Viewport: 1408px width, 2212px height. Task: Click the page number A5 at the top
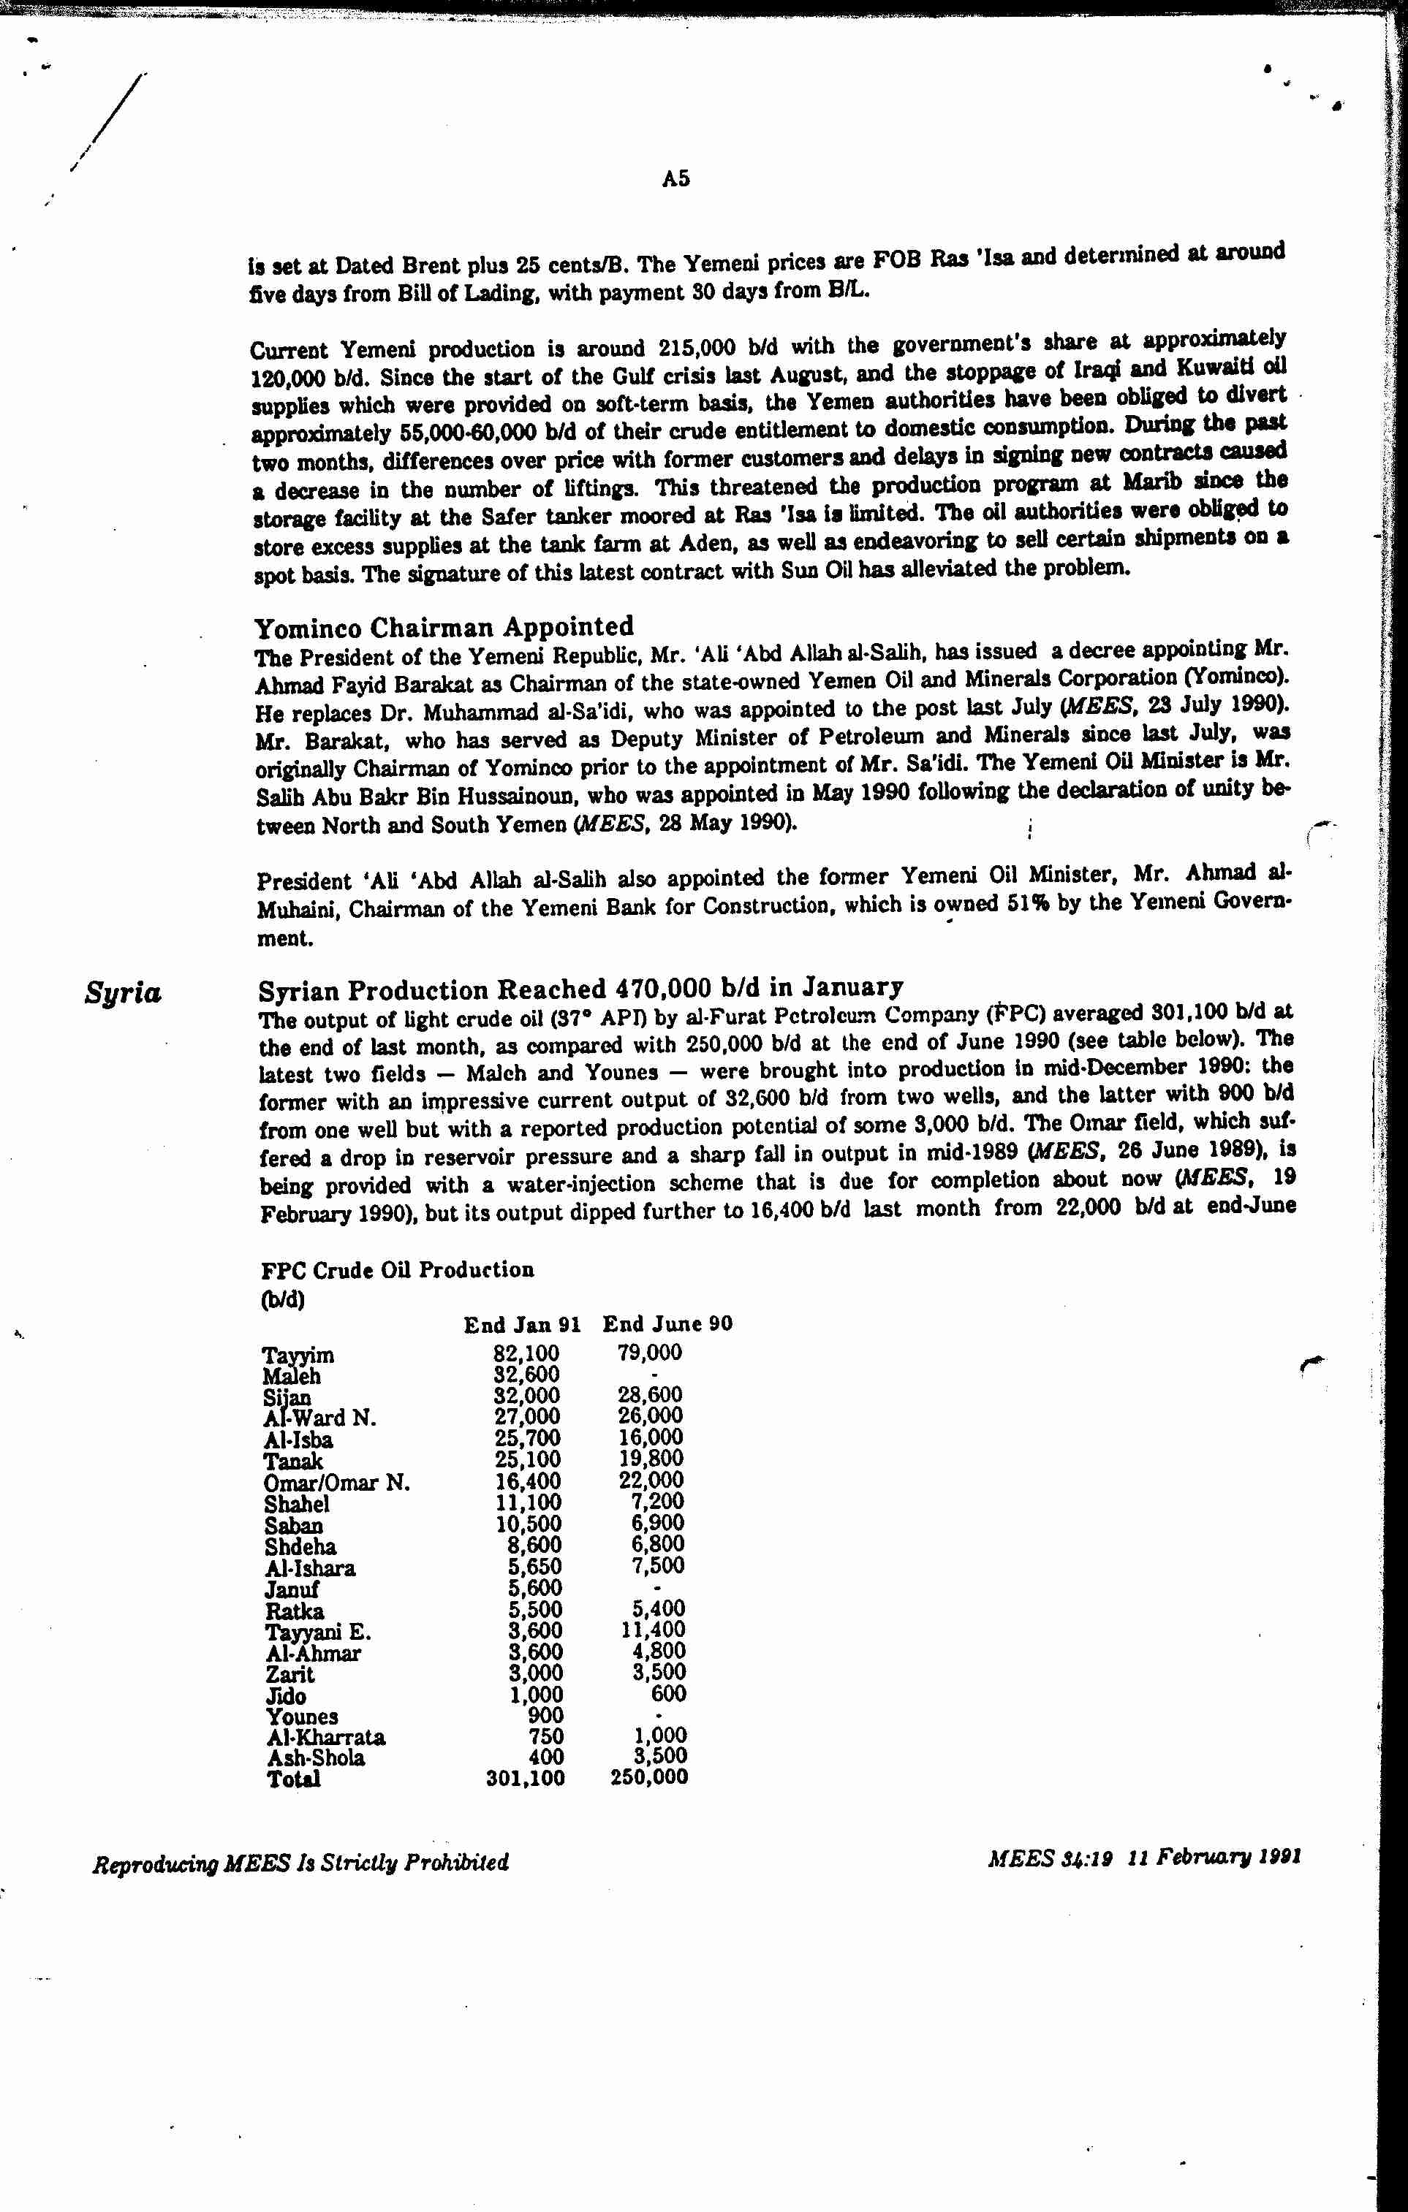675,178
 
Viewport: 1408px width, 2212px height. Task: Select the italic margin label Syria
123,993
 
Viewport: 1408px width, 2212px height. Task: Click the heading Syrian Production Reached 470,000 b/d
580,989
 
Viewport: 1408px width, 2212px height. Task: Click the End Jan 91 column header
522,1325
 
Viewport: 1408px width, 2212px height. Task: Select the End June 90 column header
667,1323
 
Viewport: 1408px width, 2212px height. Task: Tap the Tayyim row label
298,1355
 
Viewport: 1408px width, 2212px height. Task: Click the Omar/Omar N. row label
336,1483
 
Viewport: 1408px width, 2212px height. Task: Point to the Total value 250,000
649,1776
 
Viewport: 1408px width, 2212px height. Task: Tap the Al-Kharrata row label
325,1737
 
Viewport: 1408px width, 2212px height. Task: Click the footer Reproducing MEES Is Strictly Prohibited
300,1862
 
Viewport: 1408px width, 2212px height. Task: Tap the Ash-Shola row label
315,1757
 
